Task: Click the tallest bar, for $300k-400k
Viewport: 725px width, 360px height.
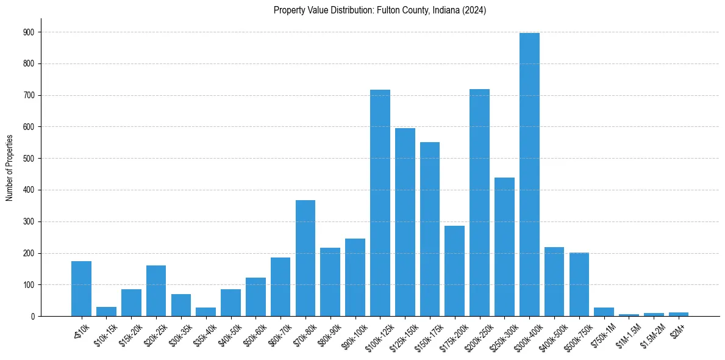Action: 529,175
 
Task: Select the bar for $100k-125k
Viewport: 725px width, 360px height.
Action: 380,203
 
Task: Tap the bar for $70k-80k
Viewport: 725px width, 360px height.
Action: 305,258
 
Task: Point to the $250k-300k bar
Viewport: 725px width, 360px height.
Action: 504,247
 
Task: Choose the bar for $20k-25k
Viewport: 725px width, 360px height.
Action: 156,291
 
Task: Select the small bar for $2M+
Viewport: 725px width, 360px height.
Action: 679,314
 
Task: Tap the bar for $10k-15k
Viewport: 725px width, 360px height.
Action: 106,312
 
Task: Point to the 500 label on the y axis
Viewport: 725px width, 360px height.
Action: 29,159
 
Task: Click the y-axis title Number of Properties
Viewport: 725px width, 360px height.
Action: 9,168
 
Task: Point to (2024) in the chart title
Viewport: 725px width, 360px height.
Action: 474,10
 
